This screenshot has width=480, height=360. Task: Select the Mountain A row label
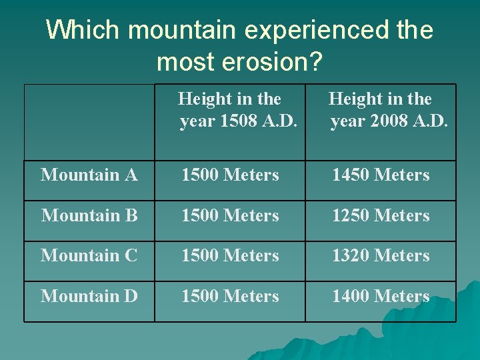(89, 175)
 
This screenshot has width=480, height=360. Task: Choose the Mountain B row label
(89, 216)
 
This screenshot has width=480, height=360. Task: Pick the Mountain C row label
(89, 256)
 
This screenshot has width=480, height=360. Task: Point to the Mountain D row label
(89, 296)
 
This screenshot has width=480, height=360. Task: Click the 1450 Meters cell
(381, 175)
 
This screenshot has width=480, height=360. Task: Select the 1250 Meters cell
(381, 216)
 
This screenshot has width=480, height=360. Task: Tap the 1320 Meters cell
(381, 256)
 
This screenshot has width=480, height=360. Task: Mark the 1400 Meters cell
(381, 296)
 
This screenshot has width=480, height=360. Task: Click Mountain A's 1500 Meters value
(230, 175)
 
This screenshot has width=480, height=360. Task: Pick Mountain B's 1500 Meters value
(230, 216)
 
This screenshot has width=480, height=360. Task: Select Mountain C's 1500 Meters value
(230, 256)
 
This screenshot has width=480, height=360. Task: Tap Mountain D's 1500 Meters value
(230, 296)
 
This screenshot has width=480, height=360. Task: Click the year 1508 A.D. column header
(230, 111)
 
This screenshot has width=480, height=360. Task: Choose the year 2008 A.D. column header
(381, 111)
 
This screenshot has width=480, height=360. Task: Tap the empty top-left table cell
(89, 122)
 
